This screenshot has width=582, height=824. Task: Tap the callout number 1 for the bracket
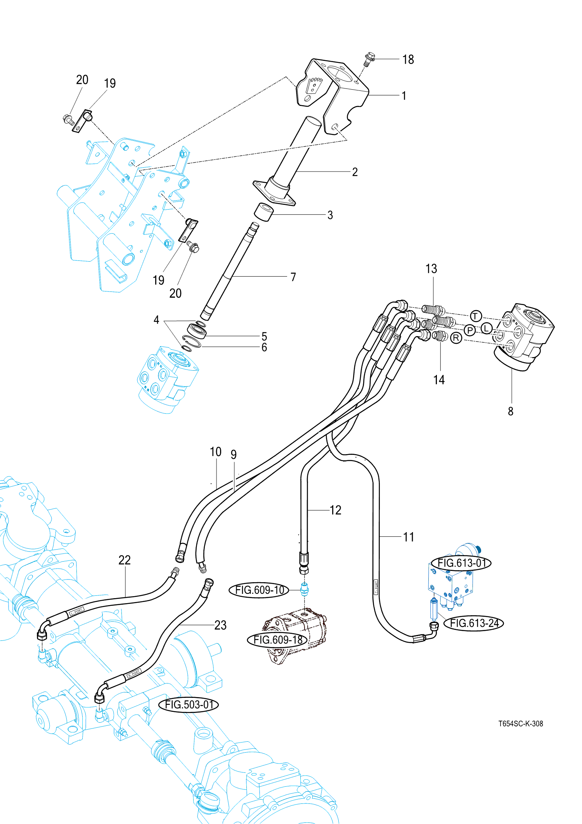click(x=404, y=95)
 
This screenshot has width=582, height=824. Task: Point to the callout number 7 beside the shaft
click(x=293, y=277)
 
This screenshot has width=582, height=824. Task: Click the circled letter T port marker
click(x=476, y=316)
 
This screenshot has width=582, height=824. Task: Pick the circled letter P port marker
click(x=470, y=330)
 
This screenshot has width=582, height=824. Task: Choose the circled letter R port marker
click(x=456, y=338)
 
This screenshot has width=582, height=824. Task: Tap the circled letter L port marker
click(x=487, y=328)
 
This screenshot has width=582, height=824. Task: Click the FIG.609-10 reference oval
click(x=259, y=590)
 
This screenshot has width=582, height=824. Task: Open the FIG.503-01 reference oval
click(x=189, y=704)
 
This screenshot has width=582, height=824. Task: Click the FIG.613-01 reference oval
click(x=461, y=563)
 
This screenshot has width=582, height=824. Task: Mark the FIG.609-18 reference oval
click(x=277, y=640)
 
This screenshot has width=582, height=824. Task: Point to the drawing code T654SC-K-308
click(x=520, y=724)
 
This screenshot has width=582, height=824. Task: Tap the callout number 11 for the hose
click(x=408, y=537)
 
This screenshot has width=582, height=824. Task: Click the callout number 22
click(x=125, y=560)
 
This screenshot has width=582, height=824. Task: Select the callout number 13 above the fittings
click(x=431, y=269)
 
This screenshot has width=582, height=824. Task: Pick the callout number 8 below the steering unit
click(x=511, y=411)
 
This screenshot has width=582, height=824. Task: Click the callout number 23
click(x=220, y=625)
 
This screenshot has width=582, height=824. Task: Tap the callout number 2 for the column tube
click(x=355, y=172)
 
